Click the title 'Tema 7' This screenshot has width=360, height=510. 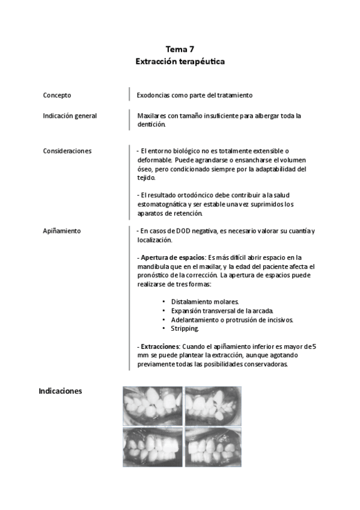pos(180,50)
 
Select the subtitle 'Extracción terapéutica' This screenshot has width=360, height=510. pos(180,61)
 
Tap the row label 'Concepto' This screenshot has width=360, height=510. pos(57,95)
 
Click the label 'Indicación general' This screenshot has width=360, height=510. pos(70,115)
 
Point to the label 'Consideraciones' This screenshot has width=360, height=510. pos(67,150)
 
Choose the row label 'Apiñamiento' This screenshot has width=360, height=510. pos(62,231)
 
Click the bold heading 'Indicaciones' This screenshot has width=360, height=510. pos(60,391)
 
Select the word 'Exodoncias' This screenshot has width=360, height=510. pos(153,95)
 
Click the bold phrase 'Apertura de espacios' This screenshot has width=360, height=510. pos(173,257)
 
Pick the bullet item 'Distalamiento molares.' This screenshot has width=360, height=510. pos(205,301)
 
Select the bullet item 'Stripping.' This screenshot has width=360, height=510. pos(186,329)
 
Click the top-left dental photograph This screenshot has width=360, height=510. pos(152,405)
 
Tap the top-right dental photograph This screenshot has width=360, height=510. pos(213,405)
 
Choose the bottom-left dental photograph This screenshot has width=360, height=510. pos(152,446)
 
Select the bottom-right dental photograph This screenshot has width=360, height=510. pos(213,446)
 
